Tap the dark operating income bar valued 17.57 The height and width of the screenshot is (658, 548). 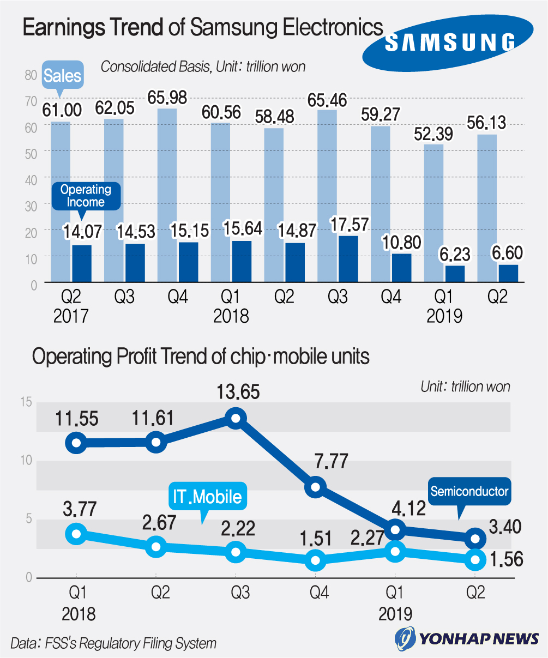point(348,258)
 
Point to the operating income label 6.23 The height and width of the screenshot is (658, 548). point(455,255)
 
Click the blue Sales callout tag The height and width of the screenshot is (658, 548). point(62,75)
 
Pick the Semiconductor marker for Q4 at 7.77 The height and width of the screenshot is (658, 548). point(315,487)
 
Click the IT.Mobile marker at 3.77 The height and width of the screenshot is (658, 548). point(77,534)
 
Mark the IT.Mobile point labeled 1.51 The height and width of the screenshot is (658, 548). point(315,560)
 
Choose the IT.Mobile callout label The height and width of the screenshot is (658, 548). point(207,497)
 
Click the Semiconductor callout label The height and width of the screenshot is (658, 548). point(469,491)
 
